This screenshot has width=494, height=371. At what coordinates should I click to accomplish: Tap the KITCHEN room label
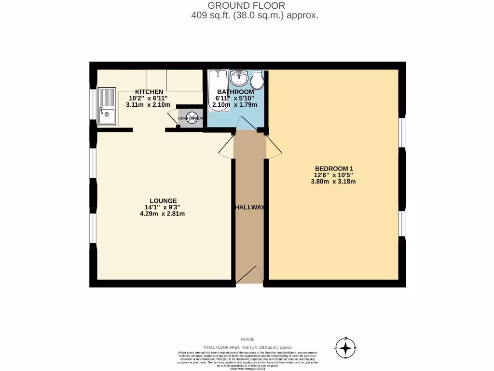click(149, 92)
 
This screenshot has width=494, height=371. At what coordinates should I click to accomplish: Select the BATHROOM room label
click(235, 92)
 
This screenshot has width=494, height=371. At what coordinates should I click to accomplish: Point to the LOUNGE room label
click(163, 201)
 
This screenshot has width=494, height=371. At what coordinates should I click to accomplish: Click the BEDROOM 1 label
click(334, 169)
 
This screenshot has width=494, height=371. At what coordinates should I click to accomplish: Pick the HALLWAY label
click(249, 207)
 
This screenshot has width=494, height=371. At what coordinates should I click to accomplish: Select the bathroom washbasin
click(238, 77)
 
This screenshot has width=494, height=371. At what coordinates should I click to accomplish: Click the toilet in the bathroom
click(257, 80)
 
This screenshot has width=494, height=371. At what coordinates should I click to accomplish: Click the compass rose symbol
click(345, 348)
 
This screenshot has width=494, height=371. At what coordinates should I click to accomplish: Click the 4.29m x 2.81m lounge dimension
click(163, 214)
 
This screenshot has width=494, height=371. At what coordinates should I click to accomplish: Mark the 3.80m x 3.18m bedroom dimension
click(334, 182)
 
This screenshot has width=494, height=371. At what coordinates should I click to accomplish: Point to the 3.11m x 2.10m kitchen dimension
click(149, 104)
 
